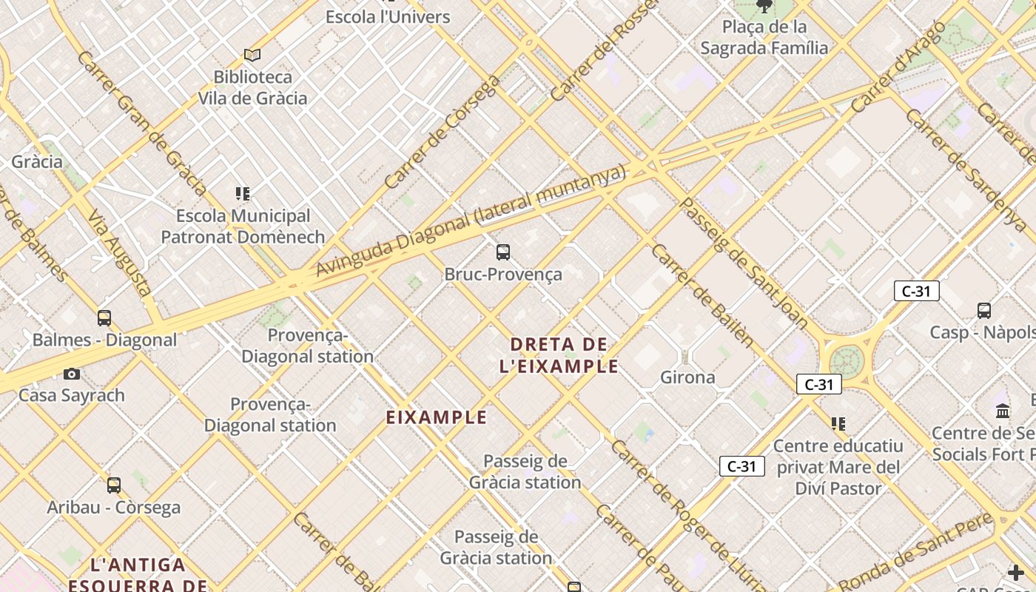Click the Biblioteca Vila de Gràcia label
pos(252,87)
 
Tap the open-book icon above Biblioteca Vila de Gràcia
pos(252,55)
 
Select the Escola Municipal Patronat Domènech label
pos(243,226)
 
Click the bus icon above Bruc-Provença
pos(503,252)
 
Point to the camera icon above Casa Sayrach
pos(72,374)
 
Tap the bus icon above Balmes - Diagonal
pos(104,318)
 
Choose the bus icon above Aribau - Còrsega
pos(114,485)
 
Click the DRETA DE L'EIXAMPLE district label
pos(559,355)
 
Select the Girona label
pos(687,377)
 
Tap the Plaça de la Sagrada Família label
pos(764,38)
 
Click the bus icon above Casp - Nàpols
pos(984,311)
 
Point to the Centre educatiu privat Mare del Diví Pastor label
pos(838,467)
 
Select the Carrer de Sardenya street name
pos(965,170)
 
